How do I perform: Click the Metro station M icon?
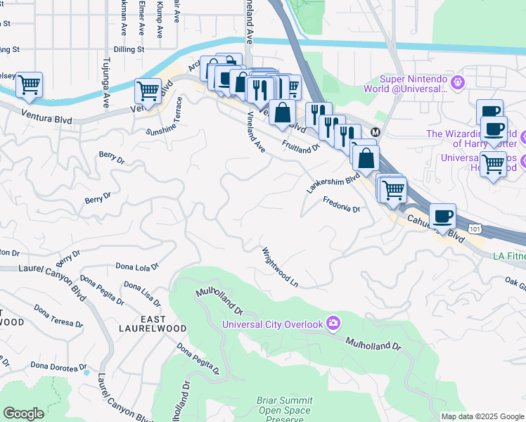click(x=376, y=132)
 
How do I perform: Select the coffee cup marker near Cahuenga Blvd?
click(x=442, y=216)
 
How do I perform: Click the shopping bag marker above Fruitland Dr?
click(x=282, y=113)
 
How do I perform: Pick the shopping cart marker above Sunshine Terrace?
click(x=148, y=91)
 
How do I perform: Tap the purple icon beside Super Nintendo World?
click(x=458, y=83)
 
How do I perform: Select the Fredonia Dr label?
click(x=341, y=205)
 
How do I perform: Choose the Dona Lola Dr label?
click(x=137, y=267)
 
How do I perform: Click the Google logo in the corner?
click(x=23, y=414)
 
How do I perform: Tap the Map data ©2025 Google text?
click(x=482, y=416)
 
